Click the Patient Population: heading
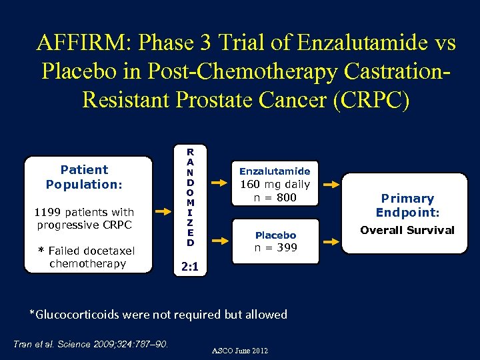84,177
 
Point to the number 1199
48,212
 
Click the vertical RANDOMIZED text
191,197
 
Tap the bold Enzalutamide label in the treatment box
275,171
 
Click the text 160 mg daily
275,185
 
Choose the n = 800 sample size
275,197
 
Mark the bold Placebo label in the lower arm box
275,235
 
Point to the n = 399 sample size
275,248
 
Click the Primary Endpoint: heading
407,205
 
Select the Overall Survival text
407,230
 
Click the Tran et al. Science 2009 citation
91,344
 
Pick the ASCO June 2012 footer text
240,350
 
